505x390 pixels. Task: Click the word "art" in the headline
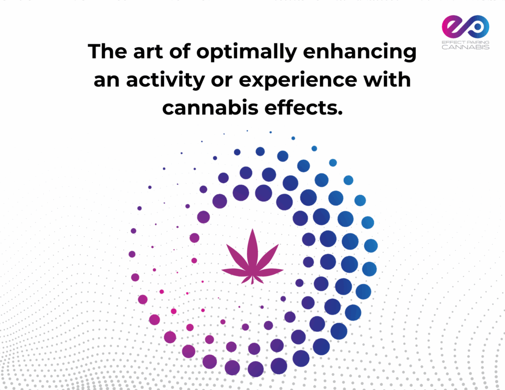(x=148, y=52)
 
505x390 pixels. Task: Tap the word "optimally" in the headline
(x=247, y=52)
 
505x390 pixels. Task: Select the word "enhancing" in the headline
(x=360, y=52)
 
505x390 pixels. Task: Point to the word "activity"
(x=166, y=80)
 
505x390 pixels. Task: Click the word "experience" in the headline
(x=297, y=80)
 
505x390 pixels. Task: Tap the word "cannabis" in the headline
(x=210, y=107)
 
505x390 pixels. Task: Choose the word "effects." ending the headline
(x=303, y=107)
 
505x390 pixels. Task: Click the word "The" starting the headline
(x=108, y=52)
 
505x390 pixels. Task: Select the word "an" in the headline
(x=107, y=81)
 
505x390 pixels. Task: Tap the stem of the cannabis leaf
(x=252, y=280)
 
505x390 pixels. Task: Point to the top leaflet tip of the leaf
(x=252, y=229)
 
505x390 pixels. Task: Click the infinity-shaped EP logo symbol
(x=466, y=27)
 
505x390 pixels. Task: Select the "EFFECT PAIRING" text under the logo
(x=466, y=42)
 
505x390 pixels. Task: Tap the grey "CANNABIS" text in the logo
(x=466, y=47)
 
